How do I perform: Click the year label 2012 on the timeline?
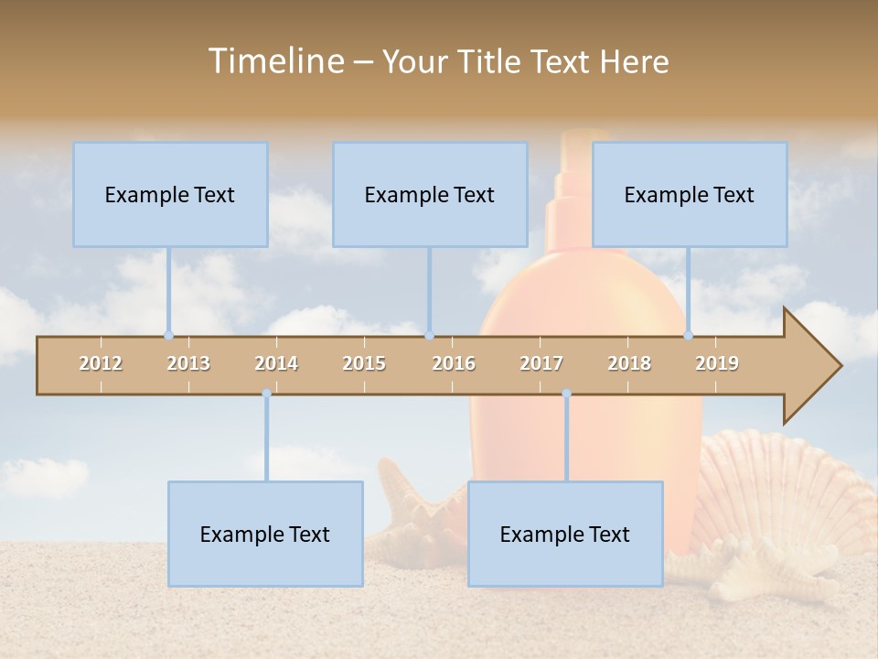pos(101,363)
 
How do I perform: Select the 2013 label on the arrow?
pos(188,363)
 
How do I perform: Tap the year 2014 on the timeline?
pos(276,363)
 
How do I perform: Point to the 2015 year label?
pos(364,363)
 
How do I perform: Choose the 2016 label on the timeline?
pos(454,363)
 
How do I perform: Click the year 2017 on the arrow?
pos(541,363)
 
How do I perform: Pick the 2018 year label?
pos(629,363)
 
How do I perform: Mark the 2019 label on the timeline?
pos(717,363)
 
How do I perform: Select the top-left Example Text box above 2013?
pos(170,194)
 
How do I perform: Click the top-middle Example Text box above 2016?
pos(430,194)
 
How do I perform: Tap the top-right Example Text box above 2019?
pos(690,194)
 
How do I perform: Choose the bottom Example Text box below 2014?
pos(265,534)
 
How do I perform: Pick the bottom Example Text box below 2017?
pos(565,534)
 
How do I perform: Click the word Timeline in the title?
pos(274,61)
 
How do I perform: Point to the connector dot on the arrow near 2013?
pos(168,335)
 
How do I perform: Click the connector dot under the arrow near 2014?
pos(266,394)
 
